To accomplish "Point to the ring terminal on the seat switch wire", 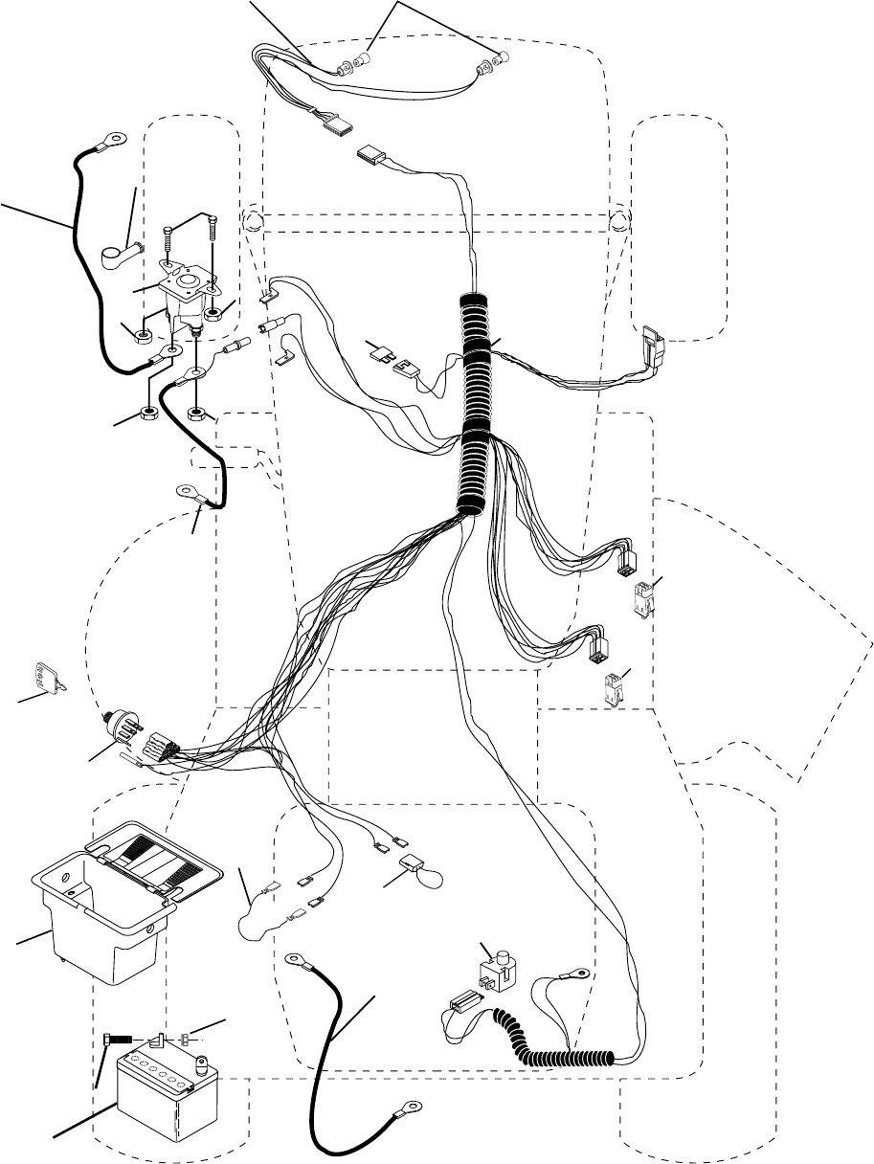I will tap(576, 974).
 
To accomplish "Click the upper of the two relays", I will tap(639, 596).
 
